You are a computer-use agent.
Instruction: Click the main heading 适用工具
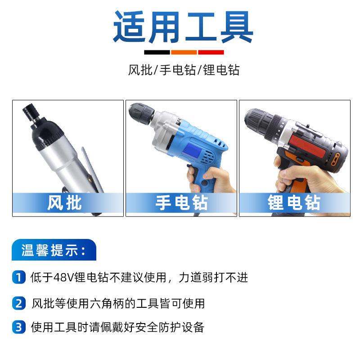183,27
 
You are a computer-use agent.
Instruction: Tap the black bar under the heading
157,52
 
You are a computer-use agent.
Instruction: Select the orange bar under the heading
184,52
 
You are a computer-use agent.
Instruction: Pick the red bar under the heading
211,52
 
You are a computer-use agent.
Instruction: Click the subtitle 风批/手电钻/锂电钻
184,70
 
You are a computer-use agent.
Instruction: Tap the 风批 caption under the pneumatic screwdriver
64,202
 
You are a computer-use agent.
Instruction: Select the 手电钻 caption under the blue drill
181,202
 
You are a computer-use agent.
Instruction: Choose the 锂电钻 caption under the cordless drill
294,202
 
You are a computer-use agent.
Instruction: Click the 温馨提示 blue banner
54,250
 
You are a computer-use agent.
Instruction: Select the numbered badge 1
18,277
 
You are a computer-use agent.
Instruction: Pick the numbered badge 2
18,303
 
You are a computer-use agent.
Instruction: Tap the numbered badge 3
18,327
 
